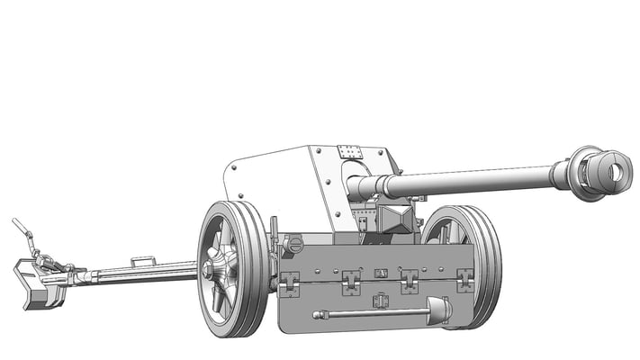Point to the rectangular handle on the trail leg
coord(142,262)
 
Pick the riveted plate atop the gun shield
coord(350,153)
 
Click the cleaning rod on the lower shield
coord(369,314)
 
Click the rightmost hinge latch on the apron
coord(464,280)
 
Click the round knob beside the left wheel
coord(291,243)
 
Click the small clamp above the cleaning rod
coord(381,299)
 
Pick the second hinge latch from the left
coord(350,283)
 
